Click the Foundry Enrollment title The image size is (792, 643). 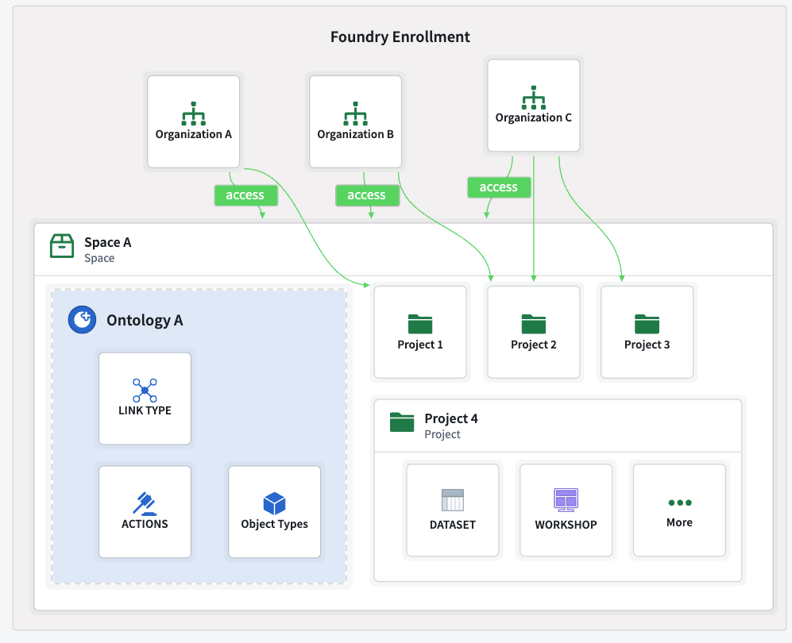[400, 37]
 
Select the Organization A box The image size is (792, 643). [193, 121]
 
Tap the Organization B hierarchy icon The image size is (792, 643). [355, 114]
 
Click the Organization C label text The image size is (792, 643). [533, 117]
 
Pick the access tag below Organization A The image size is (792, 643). [245, 195]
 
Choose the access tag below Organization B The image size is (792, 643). [366, 195]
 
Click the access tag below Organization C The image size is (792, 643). [498, 187]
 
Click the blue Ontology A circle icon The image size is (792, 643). [80, 320]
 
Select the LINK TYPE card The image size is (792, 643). [145, 399]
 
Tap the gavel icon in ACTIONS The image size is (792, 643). [145, 503]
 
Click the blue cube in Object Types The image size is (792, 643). [274, 503]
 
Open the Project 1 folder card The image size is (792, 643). [419, 332]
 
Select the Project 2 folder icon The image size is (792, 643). [533, 323]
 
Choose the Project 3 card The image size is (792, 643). [647, 332]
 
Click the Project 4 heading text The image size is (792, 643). [450, 418]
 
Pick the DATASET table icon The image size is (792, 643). [452, 500]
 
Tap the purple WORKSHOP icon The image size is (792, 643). [566, 500]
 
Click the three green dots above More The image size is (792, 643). [679, 502]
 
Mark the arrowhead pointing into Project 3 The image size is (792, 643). [622, 278]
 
